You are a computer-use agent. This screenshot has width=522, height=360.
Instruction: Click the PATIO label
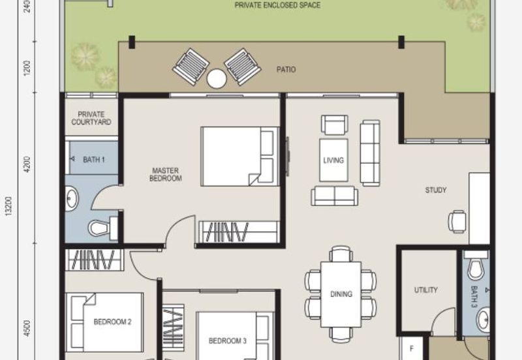pyautogui.click(x=286, y=70)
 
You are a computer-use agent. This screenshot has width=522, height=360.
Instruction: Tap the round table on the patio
pyautogui.click(x=217, y=78)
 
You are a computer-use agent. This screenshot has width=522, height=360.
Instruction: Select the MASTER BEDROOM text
pyautogui.click(x=166, y=175)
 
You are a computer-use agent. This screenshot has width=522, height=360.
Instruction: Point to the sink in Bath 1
pyautogui.click(x=71, y=199)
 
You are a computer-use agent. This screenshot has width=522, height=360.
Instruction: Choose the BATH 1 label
pyautogui.click(x=94, y=160)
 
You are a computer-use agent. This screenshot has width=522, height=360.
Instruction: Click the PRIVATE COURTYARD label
pyautogui.click(x=91, y=118)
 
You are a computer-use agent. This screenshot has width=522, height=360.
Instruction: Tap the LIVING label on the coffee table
pyautogui.click(x=333, y=160)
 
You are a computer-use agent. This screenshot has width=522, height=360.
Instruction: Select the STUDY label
pyautogui.click(x=436, y=190)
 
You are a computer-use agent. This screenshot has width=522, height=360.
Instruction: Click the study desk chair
pyautogui.click(x=457, y=221)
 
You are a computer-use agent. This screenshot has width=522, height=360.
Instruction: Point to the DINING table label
pyautogui.click(x=341, y=294)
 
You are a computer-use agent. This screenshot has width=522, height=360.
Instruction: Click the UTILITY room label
pyautogui.click(x=426, y=290)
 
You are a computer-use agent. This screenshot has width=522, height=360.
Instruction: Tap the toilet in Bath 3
pyautogui.click(x=476, y=267)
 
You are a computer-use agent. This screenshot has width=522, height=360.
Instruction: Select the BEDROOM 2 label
pyautogui.click(x=112, y=322)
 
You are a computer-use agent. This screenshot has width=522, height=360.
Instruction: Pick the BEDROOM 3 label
pyautogui.click(x=227, y=341)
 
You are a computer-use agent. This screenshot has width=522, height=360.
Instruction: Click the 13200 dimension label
pyautogui.click(x=9, y=206)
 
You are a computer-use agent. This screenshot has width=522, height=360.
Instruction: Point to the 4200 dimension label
pyautogui.click(x=27, y=164)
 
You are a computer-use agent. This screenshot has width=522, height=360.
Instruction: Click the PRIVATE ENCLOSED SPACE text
pyautogui.click(x=278, y=5)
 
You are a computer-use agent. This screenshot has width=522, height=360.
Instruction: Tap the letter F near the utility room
pyautogui.click(x=412, y=349)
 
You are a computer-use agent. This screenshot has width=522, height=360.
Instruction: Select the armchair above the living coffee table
pyautogui.click(x=335, y=125)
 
